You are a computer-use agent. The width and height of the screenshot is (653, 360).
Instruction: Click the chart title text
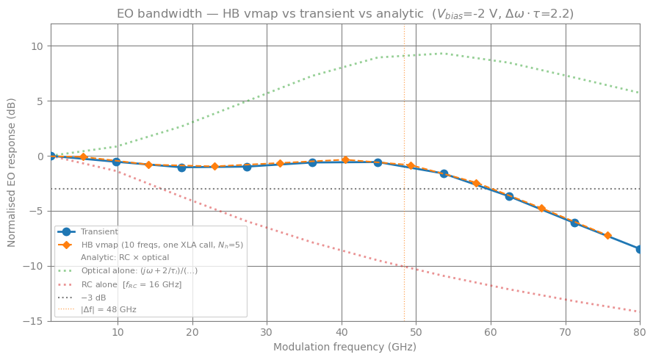click(x=345, y=13)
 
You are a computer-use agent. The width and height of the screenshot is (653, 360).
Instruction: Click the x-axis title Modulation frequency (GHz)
click(x=344, y=347)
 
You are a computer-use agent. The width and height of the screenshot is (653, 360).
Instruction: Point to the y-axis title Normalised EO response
click(x=12, y=172)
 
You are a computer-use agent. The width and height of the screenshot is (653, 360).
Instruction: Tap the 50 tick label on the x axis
click(x=416, y=332)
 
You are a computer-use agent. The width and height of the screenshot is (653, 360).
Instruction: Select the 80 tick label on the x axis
click(x=639, y=332)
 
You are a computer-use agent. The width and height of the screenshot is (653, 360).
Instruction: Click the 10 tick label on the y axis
click(x=37, y=46)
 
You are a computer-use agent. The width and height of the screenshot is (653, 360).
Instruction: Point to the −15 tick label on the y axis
click(x=34, y=321)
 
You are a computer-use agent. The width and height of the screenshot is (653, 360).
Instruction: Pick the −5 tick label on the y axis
click(x=37, y=212)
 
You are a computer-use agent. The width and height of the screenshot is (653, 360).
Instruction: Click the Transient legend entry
click(x=99, y=232)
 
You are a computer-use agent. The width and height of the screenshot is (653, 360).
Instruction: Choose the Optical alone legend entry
click(x=139, y=271)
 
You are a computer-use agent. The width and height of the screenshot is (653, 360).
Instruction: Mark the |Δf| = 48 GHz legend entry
click(x=109, y=310)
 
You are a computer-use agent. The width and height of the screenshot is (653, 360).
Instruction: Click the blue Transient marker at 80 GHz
click(x=639, y=249)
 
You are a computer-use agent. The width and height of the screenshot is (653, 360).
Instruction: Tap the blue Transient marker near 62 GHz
click(x=509, y=196)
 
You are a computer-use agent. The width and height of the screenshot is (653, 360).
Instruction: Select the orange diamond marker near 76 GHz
click(x=607, y=235)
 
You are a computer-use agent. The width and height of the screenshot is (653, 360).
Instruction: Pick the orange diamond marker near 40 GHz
click(x=345, y=159)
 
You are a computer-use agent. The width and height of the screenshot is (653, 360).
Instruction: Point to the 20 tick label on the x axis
click(x=192, y=332)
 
